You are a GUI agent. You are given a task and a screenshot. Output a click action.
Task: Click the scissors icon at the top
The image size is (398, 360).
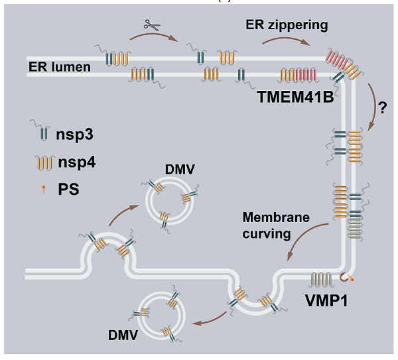(153, 26)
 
